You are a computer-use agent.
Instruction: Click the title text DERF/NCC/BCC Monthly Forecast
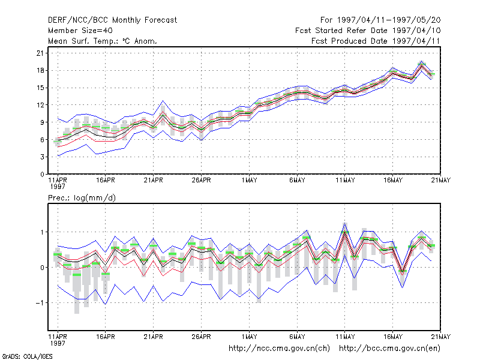pos(112,20)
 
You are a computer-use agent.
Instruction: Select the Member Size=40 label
pos(80,31)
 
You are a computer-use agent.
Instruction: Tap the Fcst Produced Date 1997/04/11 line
pos(376,41)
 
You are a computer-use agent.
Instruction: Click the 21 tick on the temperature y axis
pos(40,53)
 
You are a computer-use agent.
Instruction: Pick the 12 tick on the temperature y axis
pos(40,105)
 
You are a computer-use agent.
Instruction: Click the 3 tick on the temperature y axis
pos(42,157)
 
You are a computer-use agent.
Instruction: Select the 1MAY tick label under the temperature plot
pos(249,181)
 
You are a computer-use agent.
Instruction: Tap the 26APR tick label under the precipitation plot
pos(201,337)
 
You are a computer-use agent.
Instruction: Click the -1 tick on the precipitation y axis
pos(40,303)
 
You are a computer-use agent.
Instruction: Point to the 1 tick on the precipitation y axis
pos(42,232)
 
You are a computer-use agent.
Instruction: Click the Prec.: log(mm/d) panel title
pos(82,198)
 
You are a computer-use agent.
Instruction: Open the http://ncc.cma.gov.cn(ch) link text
pos(279,349)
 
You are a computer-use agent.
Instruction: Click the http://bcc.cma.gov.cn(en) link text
pos(389,349)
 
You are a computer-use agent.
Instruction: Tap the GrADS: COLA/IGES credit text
pos(27,356)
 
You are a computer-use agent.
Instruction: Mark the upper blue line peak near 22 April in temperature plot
pos(163,101)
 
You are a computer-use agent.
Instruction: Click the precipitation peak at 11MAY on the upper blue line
pos(344,223)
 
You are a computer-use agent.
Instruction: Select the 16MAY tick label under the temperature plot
pos(393,181)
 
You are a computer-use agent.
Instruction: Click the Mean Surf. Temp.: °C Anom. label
pos(103,41)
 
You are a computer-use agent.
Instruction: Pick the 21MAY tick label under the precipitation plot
pos(441,337)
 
